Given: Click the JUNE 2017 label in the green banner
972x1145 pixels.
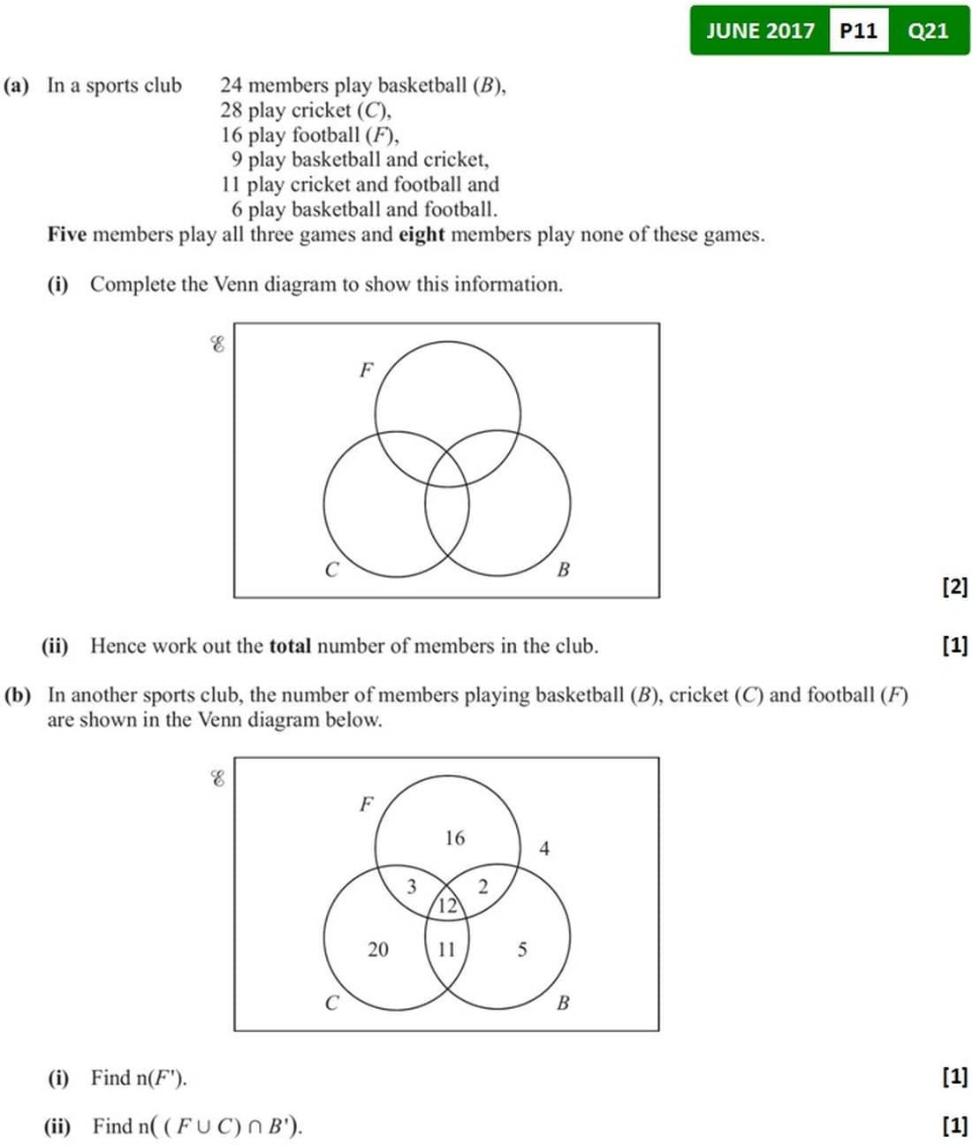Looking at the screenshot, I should [760, 31].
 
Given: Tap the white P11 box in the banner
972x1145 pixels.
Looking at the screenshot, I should [858, 31].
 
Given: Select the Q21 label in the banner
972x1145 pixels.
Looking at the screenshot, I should [928, 31].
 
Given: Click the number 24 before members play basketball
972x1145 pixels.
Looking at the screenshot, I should [232, 86].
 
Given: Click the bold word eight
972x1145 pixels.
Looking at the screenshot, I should [421, 235].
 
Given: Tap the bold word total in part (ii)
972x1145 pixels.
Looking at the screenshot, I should [290, 646].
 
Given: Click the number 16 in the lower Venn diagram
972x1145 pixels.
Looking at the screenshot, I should [454, 838].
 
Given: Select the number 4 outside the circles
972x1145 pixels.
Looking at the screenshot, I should [544, 849].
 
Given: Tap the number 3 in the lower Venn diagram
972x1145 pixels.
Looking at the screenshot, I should [411, 886].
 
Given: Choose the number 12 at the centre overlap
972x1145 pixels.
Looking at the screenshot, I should [447, 905].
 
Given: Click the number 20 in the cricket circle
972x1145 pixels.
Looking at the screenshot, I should [377, 950].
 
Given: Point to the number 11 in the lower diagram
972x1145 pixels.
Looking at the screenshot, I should [446, 950].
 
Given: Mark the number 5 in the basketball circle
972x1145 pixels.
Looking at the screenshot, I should [522, 950].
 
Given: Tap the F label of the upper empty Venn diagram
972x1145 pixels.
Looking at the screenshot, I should [366, 370].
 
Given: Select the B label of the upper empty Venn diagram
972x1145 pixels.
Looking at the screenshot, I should [563, 570].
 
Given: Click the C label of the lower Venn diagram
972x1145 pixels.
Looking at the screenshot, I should [331, 1004].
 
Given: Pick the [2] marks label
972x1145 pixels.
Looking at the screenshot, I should [955, 587].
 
